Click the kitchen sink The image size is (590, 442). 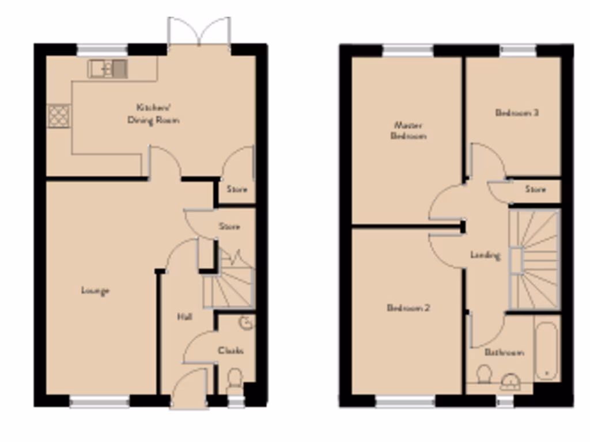tap(107, 69)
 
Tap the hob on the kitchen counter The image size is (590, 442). tap(59, 115)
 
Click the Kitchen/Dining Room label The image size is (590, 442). tap(153, 114)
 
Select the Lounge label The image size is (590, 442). tap(95, 291)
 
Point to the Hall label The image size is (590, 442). tap(184, 317)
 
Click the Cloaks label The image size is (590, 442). tap(230, 350)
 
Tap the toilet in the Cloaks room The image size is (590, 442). tap(235, 379)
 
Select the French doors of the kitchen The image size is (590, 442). tap(199, 32)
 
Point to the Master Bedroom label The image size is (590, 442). tap(408, 131)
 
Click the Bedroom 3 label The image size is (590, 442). tap(517, 113)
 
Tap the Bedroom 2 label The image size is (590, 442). tap(408, 308)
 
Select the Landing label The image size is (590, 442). tap(485, 255)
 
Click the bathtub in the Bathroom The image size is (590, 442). tap(546, 350)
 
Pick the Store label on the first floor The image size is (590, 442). tap(535, 189)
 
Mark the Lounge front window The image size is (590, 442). tap(100, 401)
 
